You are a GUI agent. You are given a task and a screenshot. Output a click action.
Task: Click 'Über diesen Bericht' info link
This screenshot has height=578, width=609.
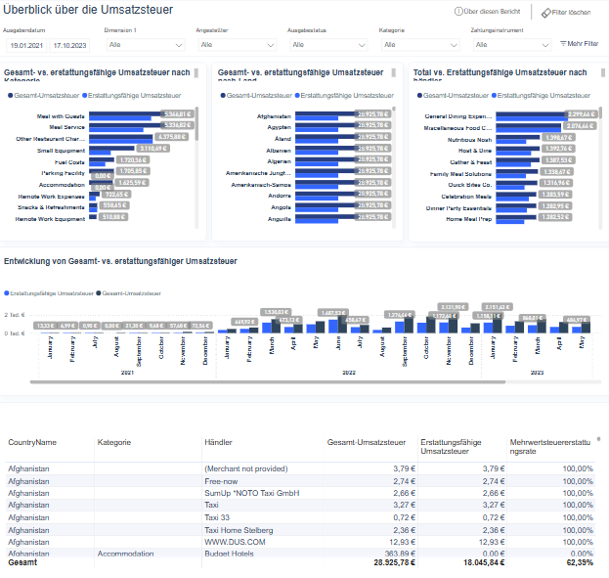(x=489, y=12)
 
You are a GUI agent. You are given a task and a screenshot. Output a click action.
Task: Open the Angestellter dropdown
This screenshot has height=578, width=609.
(x=236, y=45)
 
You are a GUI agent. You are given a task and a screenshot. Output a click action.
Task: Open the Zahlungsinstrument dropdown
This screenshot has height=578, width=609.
(x=510, y=45)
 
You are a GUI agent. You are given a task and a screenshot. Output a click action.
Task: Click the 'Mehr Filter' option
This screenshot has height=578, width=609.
(x=581, y=44)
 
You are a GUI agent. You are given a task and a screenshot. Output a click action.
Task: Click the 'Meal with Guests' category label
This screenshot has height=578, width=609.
(x=62, y=115)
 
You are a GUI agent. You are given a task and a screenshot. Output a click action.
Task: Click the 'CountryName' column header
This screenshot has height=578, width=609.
(x=32, y=442)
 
